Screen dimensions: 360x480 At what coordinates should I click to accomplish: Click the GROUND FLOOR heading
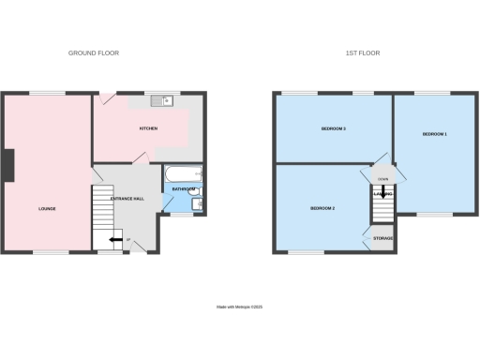point(94,53)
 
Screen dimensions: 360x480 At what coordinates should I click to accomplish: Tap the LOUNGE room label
point(47,208)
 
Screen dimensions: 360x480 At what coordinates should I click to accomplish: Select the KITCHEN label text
point(148,127)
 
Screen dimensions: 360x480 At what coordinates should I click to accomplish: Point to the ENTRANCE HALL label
point(127,199)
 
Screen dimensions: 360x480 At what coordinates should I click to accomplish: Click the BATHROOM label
point(183,189)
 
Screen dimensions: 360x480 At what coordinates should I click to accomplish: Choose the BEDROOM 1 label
point(434,135)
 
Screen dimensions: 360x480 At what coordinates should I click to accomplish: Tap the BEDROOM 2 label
point(322,208)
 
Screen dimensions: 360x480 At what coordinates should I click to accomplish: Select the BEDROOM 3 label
point(334,127)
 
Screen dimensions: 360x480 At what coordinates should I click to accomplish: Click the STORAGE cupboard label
point(382,239)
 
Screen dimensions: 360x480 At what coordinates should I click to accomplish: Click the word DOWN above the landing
point(382,178)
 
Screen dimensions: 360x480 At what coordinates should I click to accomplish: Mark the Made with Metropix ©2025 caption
point(240,306)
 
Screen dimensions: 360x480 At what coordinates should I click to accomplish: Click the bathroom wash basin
point(199,192)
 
